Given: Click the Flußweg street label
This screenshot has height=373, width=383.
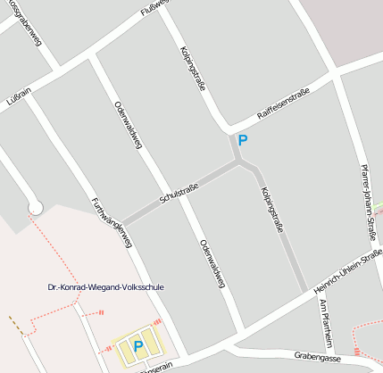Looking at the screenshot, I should (x=154, y=10).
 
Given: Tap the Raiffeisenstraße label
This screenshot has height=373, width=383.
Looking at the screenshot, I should (x=282, y=104).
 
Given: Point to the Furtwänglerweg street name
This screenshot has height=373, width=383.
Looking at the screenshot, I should (x=112, y=221).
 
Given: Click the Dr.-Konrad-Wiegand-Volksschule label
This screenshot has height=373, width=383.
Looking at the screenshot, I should (x=106, y=287).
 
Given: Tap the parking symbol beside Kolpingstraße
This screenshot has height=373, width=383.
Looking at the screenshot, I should (x=242, y=140).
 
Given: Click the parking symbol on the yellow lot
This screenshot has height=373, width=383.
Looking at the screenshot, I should (x=137, y=345).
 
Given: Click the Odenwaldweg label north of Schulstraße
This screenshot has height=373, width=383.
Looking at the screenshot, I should (x=128, y=127).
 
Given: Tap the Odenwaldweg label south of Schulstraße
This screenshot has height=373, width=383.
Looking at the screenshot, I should (x=212, y=264).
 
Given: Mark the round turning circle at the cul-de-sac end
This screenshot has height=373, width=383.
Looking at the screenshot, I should (x=36, y=208).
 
